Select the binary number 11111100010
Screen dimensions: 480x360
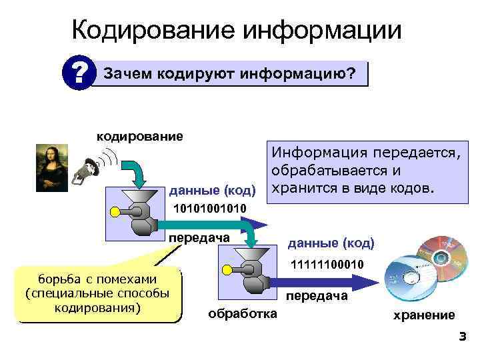point(327,265)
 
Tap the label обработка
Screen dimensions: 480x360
point(243,313)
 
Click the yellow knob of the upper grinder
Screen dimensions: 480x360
point(115,212)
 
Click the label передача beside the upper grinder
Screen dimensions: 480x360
point(199,238)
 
